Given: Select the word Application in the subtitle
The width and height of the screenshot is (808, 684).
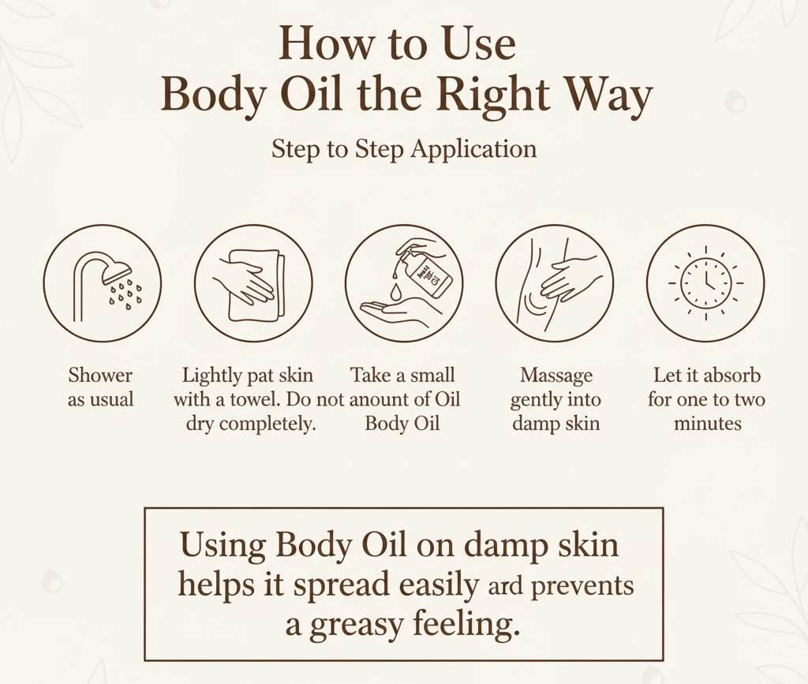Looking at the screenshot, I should (477, 149).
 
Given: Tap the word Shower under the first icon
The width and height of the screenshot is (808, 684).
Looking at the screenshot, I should (100, 375).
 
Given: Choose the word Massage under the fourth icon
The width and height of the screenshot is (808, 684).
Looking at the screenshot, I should (555, 375).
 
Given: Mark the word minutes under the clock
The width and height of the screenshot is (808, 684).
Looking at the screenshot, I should (707, 424).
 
